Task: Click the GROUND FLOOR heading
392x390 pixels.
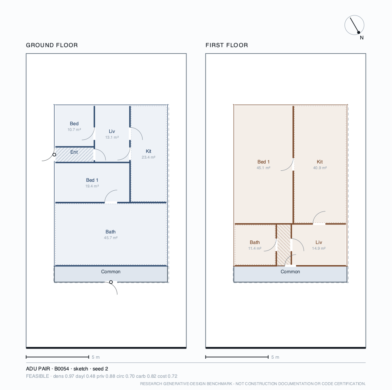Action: [52, 45]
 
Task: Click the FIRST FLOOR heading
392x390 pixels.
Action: [227, 45]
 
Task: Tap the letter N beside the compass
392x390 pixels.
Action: [362, 38]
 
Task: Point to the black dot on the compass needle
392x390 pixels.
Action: [359, 32]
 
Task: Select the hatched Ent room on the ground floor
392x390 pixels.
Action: [74, 155]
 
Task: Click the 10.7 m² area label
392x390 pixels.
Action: [74, 130]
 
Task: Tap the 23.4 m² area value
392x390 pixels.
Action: [149, 157]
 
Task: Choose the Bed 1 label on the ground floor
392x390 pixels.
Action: [92, 180]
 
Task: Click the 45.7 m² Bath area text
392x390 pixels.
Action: [111, 238]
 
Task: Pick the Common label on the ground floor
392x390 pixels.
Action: [111, 272]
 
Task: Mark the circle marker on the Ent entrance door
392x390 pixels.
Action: [54, 155]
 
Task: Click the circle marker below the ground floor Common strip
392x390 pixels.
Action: [111, 282]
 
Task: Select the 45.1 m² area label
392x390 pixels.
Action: [264, 168]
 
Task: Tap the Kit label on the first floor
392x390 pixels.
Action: [320, 162]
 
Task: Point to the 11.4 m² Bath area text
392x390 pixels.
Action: [255, 248]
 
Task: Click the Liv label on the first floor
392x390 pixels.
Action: [319, 242]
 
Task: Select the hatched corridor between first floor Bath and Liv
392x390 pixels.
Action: [284, 245]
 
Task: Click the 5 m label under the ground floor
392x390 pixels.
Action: [96, 357]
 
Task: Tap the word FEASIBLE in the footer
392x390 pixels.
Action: [37, 376]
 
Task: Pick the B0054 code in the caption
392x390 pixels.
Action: [61, 369]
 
